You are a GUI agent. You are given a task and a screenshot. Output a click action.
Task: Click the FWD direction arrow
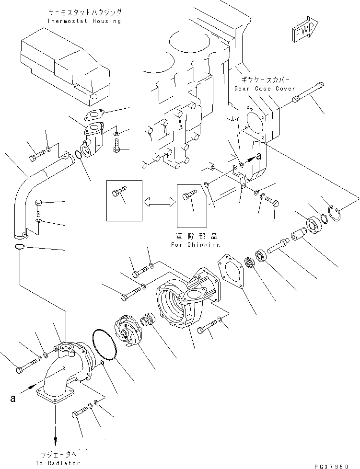tap(302, 32)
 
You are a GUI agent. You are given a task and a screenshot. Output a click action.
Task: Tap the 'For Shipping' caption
tap(195, 244)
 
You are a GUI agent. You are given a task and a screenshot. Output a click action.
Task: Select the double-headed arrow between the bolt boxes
tap(159, 202)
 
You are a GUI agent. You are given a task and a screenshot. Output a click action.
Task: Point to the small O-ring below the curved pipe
tap(19, 247)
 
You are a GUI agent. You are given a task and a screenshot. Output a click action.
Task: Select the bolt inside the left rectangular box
tap(118, 195)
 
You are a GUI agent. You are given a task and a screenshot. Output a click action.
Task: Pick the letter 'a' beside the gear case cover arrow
tap(259, 156)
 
